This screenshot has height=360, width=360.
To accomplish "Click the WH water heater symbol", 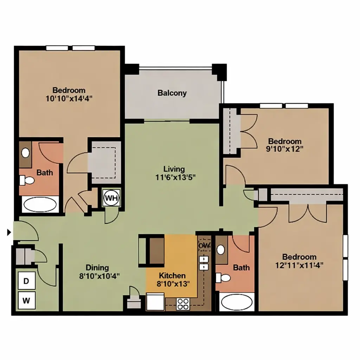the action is pos(111,198).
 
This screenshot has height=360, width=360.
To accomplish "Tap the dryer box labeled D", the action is pos(26,281).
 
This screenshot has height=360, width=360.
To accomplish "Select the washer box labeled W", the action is pos(26,300).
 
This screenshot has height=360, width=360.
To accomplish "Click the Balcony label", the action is pos(172,93).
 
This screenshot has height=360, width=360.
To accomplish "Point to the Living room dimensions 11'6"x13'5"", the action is pos(175,178).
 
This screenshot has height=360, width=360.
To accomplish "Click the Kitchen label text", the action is pos(172,276).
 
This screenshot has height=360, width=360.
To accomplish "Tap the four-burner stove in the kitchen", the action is pos(183,304).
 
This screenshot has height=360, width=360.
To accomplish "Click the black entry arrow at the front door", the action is pos(9,233).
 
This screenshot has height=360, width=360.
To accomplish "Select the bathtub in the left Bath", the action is pos(40,205).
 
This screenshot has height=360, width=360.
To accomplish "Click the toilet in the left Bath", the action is pos(27,180).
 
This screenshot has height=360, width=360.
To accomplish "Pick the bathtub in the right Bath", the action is pos(237,302).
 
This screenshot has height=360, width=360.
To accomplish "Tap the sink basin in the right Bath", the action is pos(221,250).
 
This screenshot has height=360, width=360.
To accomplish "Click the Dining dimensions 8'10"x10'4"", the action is pos(99,276).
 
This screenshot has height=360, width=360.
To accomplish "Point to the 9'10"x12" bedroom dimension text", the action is pos(285,149).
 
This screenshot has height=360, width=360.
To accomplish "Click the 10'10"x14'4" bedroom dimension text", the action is pos(69,98).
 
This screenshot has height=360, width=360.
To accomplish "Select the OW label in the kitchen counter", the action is pos(204,245).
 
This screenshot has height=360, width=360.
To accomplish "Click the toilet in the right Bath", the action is pos(223,278).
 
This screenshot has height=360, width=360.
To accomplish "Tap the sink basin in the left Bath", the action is pos(25,153).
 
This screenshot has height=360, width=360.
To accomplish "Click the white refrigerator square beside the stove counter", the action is pos(155,302).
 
